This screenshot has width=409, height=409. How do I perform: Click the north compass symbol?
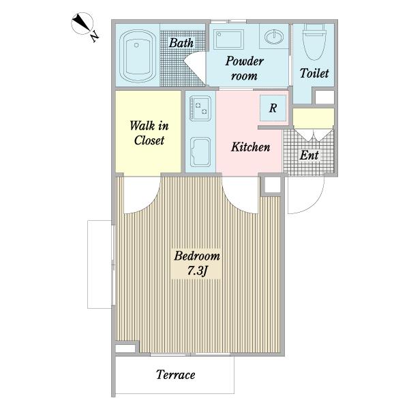click(82, 23)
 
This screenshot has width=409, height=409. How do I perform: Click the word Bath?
click(181, 43)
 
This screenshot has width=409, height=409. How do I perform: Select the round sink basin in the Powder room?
click(274, 37)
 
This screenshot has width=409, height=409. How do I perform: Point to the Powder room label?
click(245, 68)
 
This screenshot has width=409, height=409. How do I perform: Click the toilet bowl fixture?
click(315, 42)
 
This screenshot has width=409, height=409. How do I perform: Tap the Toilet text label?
click(314, 73)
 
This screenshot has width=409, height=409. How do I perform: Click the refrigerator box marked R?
click(273, 108)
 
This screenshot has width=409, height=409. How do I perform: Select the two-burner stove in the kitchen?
click(200, 108)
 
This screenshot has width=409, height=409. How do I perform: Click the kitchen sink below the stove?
click(200, 152)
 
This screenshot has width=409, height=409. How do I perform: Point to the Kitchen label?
click(250, 147)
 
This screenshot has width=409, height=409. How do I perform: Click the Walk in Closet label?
click(149, 133)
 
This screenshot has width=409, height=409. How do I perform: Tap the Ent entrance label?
click(309, 155)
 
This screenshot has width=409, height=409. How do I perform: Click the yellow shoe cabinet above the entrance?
click(314, 118)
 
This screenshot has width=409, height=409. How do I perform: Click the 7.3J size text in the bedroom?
click(197, 271)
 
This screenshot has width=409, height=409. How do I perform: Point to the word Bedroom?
click(197, 256)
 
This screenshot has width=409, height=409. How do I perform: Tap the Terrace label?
click(176, 375)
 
